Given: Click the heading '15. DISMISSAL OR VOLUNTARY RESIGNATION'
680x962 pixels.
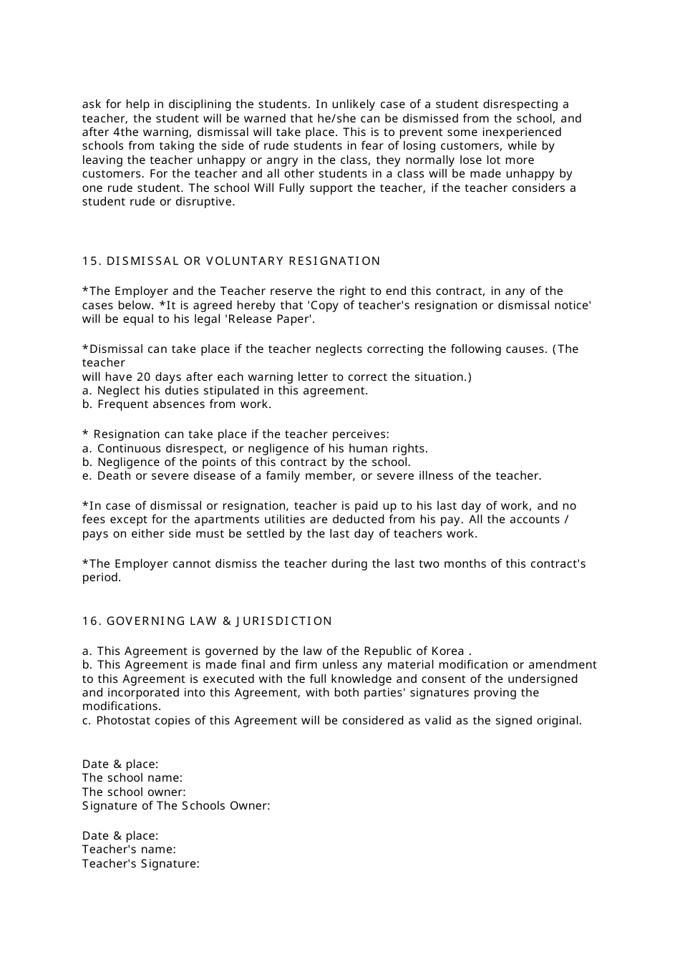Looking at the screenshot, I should [231, 261].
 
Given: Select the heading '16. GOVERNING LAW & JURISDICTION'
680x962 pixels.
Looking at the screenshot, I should [208, 621].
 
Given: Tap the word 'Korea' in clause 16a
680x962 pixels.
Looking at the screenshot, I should [447, 651].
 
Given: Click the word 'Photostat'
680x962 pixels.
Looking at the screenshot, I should [120, 721].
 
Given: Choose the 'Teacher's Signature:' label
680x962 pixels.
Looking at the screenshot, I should [140, 864].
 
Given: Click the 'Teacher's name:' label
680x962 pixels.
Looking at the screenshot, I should [129, 850].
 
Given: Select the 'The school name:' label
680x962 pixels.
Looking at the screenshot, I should [132, 778].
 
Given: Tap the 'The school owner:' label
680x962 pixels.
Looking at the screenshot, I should [134, 792].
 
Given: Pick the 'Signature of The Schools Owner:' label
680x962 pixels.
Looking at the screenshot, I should [176, 806].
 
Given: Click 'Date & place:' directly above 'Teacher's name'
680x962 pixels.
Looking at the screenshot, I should [120, 836].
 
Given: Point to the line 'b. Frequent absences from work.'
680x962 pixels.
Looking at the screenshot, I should [177, 404].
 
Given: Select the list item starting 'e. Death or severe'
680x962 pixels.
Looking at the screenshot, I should [311, 476].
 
